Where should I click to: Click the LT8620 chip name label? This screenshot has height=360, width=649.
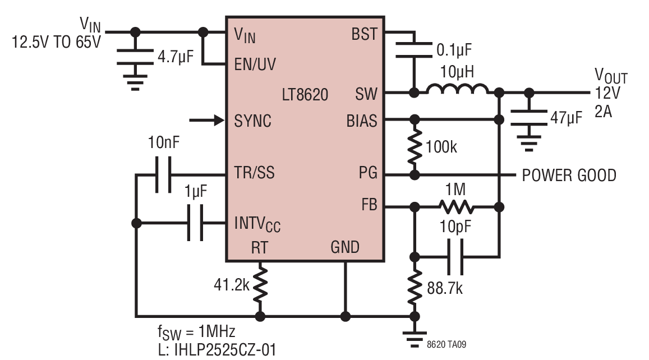305,95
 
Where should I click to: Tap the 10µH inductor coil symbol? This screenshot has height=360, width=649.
457,89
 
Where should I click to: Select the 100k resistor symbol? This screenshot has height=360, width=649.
415,147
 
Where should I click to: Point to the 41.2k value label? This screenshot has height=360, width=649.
231,285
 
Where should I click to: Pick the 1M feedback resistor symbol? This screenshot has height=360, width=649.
455,206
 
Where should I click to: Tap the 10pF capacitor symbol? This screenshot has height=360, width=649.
455,257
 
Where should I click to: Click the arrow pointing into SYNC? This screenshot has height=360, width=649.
206,121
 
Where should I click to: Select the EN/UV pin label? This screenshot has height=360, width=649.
255,64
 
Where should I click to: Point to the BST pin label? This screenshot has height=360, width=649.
364,34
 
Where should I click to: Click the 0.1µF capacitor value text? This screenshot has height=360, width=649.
454,50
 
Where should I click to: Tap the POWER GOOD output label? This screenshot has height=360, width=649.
569,176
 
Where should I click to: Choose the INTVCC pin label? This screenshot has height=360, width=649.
257,224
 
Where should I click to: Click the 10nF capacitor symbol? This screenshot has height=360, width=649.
163,174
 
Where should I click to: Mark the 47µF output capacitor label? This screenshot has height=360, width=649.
566,118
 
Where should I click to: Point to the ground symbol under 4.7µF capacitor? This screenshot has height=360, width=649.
135,82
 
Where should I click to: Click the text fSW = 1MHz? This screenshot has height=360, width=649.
196,332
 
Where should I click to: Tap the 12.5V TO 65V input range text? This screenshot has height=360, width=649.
56,42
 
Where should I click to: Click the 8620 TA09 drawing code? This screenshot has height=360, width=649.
446,344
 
